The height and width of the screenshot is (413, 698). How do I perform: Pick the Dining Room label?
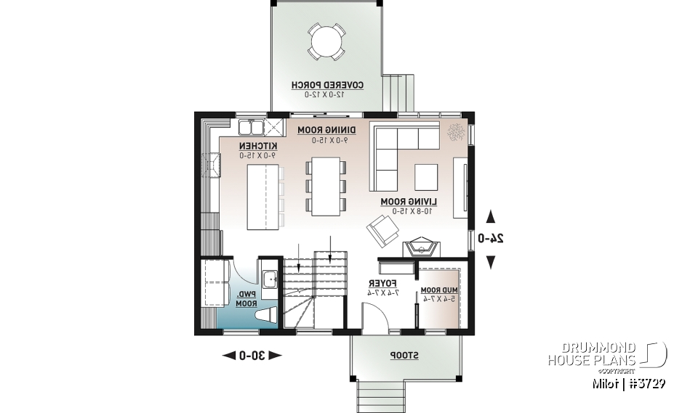pyautogui.click(x=323, y=134)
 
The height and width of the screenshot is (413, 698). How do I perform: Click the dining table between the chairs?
pyautogui.click(x=326, y=187)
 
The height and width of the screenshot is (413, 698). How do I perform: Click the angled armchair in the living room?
pyautogui.click(x=382, y=230)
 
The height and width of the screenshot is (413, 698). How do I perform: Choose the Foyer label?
pyautogui.click(x=382, y=287)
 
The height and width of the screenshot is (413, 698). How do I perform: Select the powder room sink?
pyautogui.click(x=270, y=278)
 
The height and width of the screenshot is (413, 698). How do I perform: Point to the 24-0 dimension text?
pyautogui.click(x=491, y=238)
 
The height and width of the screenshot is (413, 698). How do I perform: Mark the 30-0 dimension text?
pyautogui.click(x=252, y=355)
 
